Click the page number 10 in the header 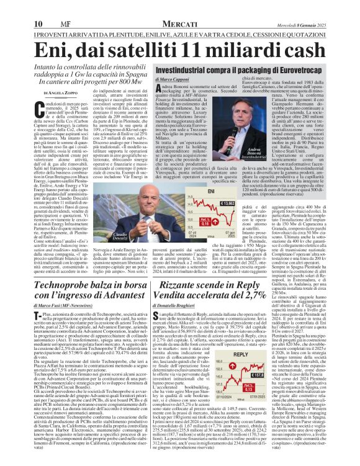tap(12, 7)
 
